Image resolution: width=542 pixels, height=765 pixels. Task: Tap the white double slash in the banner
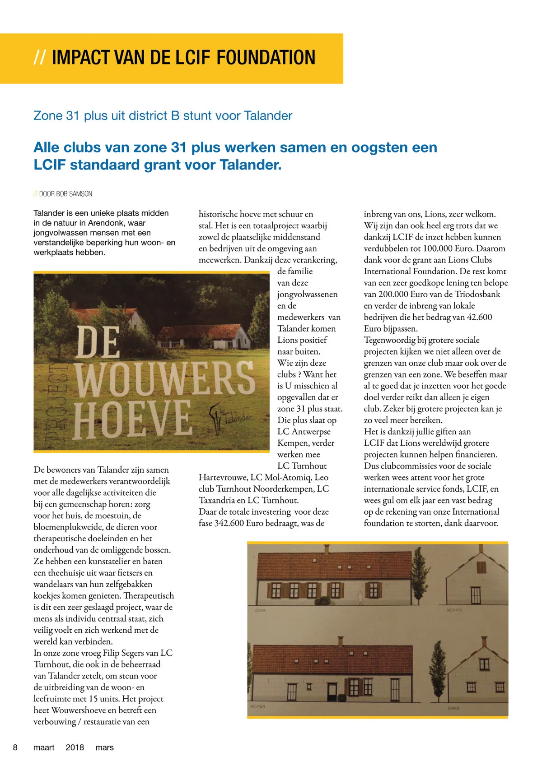(x=39, y=58)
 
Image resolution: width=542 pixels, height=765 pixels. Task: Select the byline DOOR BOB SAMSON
(x=65, y=194)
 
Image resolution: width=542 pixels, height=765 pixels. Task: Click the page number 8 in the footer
(x=15, y=747)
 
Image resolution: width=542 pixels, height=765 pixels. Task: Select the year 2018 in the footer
(x=75, y=747)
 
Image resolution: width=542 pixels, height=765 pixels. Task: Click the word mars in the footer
(x=105, y=747)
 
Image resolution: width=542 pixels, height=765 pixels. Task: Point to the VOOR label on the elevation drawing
(x=260, y=610)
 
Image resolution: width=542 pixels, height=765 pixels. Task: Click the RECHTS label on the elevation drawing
(x=454, y=610)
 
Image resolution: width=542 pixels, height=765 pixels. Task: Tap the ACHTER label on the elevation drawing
(x=258, y=706)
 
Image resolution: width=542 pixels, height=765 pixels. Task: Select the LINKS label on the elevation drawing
(x=453, y=708)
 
